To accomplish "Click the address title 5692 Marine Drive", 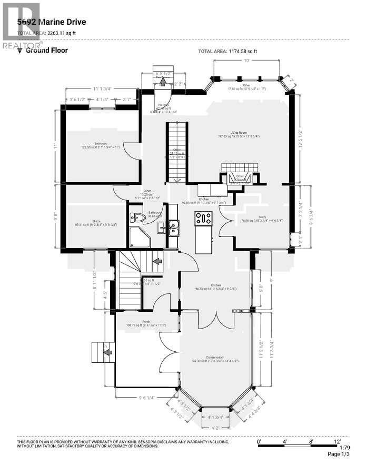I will [51, 22].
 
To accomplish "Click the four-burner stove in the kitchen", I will [203, 218].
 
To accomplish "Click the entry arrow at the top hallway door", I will [163, 81].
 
